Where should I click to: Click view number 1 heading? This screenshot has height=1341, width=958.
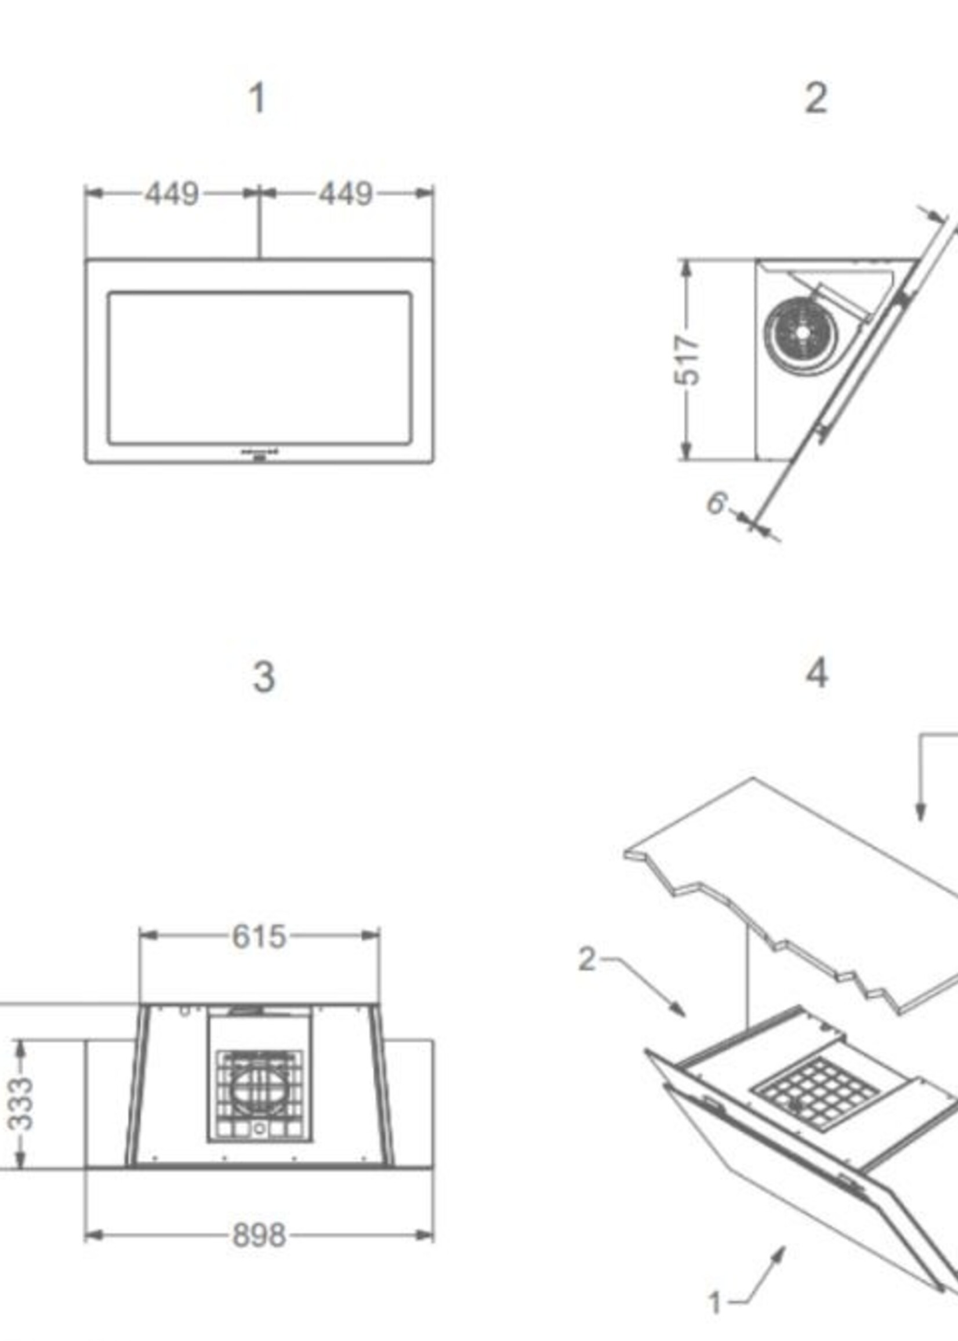pos(257,98)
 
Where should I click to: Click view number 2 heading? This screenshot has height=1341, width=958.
pos(816,98)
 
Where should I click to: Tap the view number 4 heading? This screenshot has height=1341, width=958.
pos(817,674)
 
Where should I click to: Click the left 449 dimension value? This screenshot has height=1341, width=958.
pos(172,194)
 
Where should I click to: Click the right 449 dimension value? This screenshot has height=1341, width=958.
pos(346,194)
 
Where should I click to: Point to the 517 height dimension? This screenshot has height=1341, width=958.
pos(687,361)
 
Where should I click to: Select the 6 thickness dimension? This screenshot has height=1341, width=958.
pos(716,504)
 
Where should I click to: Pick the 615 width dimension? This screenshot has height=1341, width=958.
pos(259,936)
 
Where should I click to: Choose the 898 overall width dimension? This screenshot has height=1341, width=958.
pos(259,1235)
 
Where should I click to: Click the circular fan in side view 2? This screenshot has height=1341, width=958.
pos(801,334)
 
